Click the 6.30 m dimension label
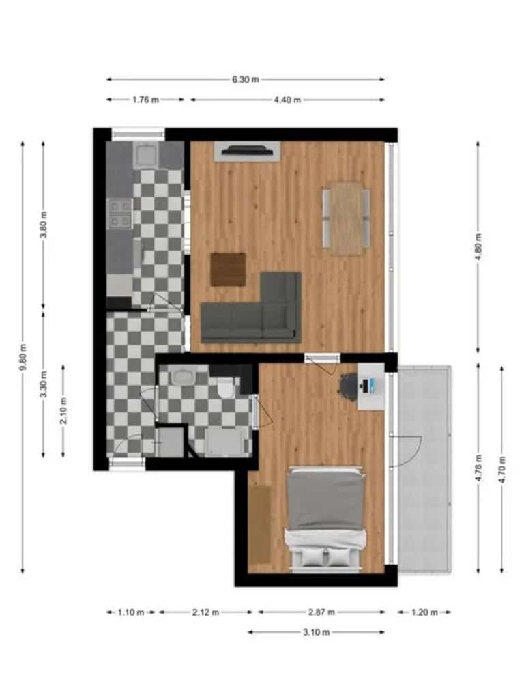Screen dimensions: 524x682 point(245,79)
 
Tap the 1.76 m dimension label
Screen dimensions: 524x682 point(145,100)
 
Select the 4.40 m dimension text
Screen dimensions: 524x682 point(287,100)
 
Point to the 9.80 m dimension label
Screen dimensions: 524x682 point(23,357)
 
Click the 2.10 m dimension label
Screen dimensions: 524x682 point(63,410)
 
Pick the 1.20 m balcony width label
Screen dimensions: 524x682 point(424,612)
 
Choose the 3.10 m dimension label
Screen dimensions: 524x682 point(316,632)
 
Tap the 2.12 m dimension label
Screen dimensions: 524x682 point(205,612)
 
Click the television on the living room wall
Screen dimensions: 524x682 point(246,150)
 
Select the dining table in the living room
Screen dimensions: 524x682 point(347,218)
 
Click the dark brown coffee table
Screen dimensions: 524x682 point(228,270)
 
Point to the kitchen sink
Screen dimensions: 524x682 point(147,156)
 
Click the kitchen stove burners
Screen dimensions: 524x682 point(121,214)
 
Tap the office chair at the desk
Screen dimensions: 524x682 point(349,385)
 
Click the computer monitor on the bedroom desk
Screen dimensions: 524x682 point(366,385)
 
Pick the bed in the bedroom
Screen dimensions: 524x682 point(325,520)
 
